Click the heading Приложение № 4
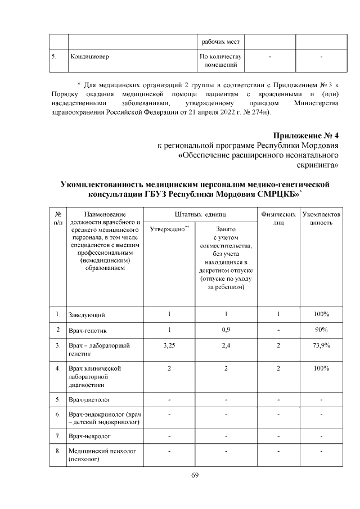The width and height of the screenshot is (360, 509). coord(306,136)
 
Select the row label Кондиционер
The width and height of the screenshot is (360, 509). coord(89,57)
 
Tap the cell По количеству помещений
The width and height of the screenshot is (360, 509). coord(220,62)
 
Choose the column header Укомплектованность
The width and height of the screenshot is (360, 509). coord(321,218)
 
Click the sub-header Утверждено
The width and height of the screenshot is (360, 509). coord(169,229)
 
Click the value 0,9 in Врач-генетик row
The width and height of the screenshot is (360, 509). coord(225,330)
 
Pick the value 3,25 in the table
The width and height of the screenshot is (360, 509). coord(169,345)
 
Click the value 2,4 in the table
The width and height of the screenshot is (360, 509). coord(225,345)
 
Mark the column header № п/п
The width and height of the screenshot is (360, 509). coord(58,218)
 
